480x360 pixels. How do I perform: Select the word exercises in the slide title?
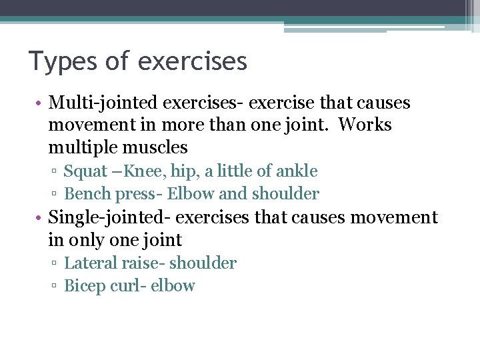[x=194, y=61]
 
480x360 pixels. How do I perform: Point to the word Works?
[x=365, y=125]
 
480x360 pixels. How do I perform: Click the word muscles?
[x=157, y=147]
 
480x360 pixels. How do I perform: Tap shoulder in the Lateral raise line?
[x=203, y=263]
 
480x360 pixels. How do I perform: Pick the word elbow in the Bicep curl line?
[x=173, y=286]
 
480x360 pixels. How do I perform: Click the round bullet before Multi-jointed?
[x=41, y=104]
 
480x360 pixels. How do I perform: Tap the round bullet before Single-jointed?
[x=41, y=218]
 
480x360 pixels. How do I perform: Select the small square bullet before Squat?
[x=55, y=173]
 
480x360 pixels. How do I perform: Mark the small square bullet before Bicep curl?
[x=55, y=287]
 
